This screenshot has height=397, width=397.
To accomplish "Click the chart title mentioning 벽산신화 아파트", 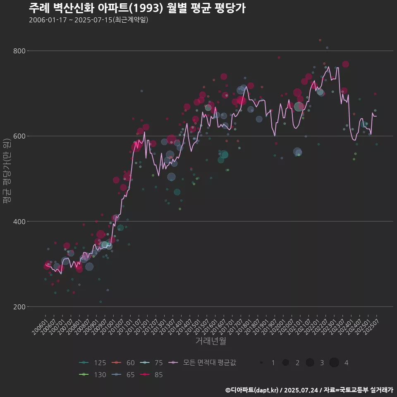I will (x=137, y=8).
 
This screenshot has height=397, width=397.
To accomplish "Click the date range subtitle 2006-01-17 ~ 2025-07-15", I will (x=88, y=20).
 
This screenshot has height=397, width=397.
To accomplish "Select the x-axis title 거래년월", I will (x=210, y=341).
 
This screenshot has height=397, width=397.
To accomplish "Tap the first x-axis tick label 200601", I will (x=40, y=323).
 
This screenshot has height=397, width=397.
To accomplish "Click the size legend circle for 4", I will (x=334, y=363).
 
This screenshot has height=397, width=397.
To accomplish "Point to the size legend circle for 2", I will (x=285, y=363).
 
